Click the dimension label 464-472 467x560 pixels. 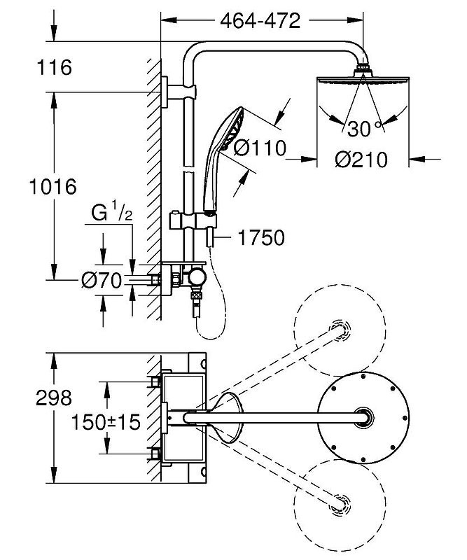pos(260,20)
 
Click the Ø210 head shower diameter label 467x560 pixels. pos(361,160)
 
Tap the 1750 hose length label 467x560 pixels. pos(260,238)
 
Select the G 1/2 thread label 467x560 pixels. pos(111,212)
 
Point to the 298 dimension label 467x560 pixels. pos(53,398)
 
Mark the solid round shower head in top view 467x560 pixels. pos(362,418)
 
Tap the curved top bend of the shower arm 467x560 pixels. pos(196,52)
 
